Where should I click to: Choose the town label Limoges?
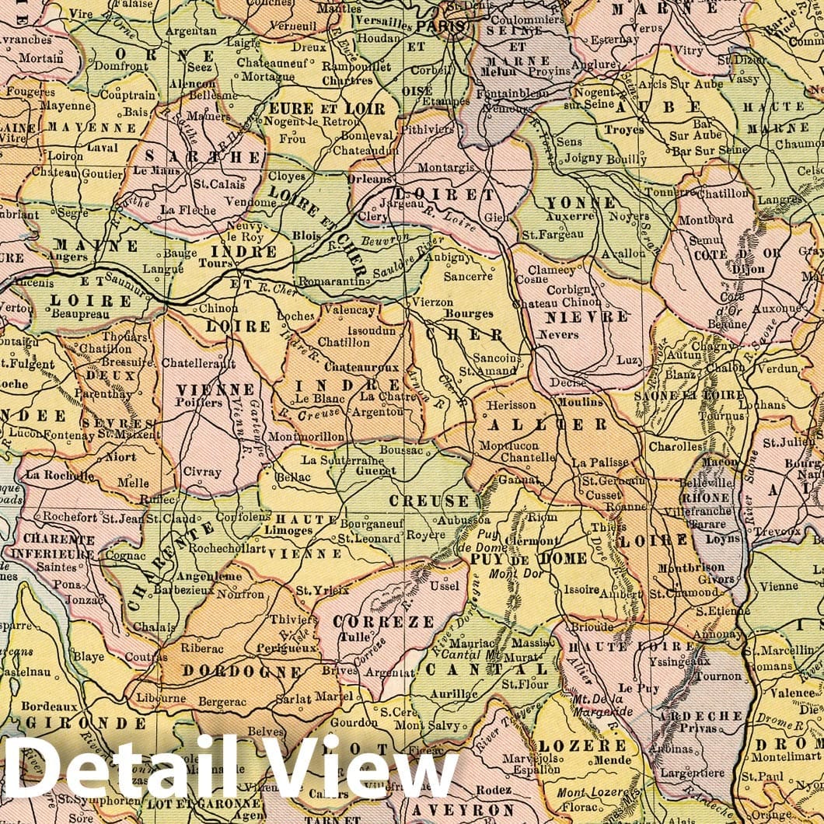pyautogui.click(x=288, y=530)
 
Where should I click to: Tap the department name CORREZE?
pyautogui.click(x=383, y=622)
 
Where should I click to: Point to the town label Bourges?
pyautogui.click(x=469, y=313)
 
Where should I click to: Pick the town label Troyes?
pyautogui.click(x=624, y=130)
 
